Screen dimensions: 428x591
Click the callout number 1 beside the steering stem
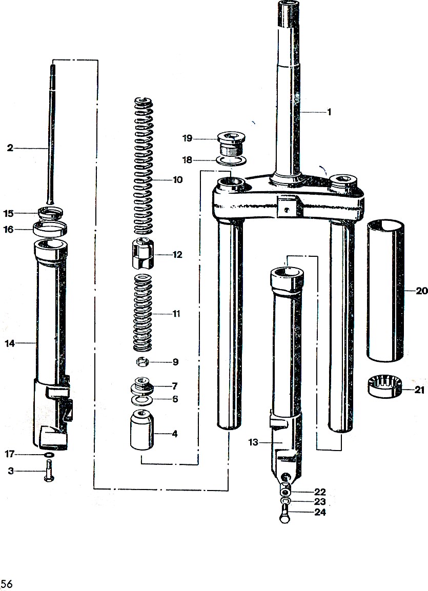pos(329,112)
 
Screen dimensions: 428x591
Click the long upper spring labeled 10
pos(144,166)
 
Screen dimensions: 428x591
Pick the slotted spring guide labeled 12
pos(143,253)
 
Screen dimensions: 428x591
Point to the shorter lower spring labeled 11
pos(142,313)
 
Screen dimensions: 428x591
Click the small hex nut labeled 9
pos(142,362)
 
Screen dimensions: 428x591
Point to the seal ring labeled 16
pos(50,228)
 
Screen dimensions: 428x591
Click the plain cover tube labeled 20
pos(385,291)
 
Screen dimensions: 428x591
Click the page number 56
pos(6,584)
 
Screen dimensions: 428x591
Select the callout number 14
pos(10,343)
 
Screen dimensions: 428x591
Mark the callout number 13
pos(253,442)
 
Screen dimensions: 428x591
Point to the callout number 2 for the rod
pos(10,148)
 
